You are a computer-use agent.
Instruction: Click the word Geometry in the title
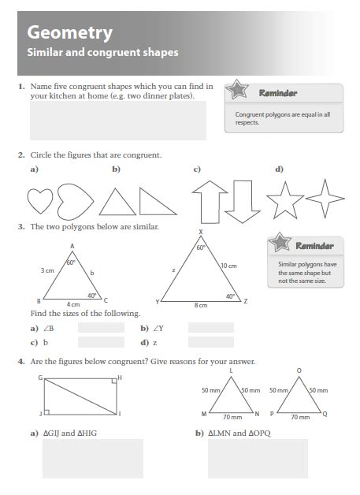click(x=69, y=32)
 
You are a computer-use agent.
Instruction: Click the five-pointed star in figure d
click(x=284, y=200)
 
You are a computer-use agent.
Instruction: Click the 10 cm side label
click(x=228, y=266)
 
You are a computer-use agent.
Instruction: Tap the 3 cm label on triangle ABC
click(x=47, y=270)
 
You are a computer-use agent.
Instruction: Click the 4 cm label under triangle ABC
click(x=72, y=304)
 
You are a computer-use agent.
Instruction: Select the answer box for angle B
click(x=101, y=327)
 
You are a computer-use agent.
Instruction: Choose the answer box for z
click(x=211, y=342)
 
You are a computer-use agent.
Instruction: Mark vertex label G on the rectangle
click(x=39, y=378)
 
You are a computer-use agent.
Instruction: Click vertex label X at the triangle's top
click(x=201, y=232)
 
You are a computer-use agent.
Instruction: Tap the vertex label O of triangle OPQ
click(x=298, y=370)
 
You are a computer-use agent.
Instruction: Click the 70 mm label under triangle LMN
click(x=233, y=417)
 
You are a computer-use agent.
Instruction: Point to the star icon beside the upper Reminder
click(x=236, y=92)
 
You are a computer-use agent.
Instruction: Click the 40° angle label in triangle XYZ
click(x=230, y=296)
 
